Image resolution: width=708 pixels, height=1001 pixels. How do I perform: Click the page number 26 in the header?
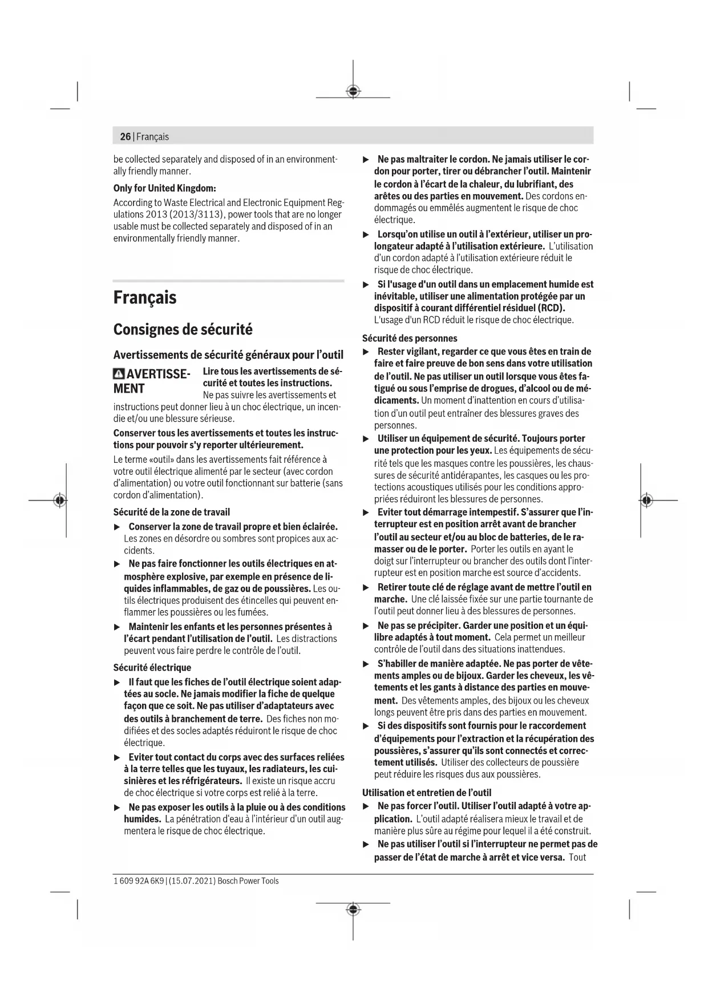click(x=125, y=137)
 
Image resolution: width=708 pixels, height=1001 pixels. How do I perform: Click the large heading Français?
click(x=145, y=297)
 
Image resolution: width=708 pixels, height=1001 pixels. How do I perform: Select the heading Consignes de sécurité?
click(x=183, y=329)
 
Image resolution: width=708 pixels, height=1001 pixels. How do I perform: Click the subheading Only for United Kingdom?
click(x=164, y=188)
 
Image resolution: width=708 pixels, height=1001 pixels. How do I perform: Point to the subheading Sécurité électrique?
click(x=152, y=667)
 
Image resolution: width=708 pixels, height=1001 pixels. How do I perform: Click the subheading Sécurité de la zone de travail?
click(x=171, y=512)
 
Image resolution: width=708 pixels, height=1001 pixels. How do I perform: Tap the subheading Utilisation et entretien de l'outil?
click(x=426, y=792)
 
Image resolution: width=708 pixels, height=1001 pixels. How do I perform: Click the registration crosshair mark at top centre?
click(x=353, y=91)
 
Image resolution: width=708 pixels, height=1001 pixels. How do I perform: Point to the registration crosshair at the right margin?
click(x=646, y=500)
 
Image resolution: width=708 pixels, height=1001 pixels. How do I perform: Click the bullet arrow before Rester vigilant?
click(x=367, y=352)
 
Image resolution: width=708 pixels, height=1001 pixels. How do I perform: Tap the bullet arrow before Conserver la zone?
click(x=118, y=527)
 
